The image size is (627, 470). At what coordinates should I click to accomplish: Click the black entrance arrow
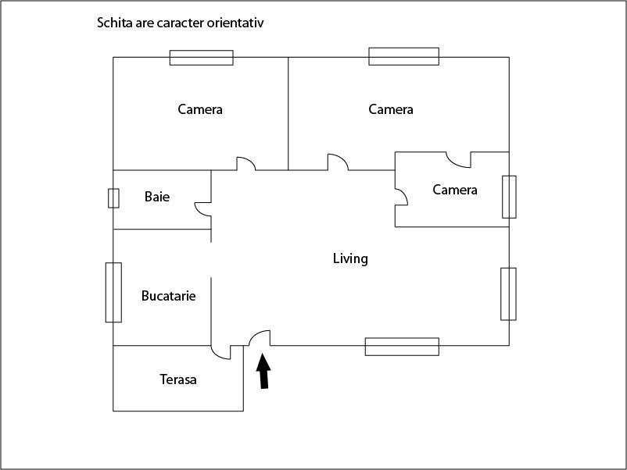264,371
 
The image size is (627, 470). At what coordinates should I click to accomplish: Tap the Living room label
350,258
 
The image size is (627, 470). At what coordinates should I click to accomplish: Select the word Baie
157,197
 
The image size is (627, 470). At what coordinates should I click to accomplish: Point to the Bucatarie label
168,296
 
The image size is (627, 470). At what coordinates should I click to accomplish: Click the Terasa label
178,380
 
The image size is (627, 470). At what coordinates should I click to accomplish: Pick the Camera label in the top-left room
200,109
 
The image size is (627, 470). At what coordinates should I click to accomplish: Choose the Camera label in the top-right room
391,109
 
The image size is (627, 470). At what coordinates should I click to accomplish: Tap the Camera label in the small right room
455,190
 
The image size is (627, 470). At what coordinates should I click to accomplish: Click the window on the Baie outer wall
113,198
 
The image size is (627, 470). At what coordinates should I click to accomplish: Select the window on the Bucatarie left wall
113,292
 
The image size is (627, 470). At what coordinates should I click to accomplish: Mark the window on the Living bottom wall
402,346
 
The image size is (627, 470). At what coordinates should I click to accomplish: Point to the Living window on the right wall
508,294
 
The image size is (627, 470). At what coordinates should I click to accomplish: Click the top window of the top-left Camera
202,57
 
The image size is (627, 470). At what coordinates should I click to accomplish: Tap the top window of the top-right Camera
403,56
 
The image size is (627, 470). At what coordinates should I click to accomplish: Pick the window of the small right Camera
509,197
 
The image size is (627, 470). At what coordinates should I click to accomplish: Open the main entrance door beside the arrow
260,337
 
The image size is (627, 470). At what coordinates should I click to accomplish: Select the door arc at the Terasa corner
221,351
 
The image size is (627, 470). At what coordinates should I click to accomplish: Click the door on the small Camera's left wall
401,197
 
